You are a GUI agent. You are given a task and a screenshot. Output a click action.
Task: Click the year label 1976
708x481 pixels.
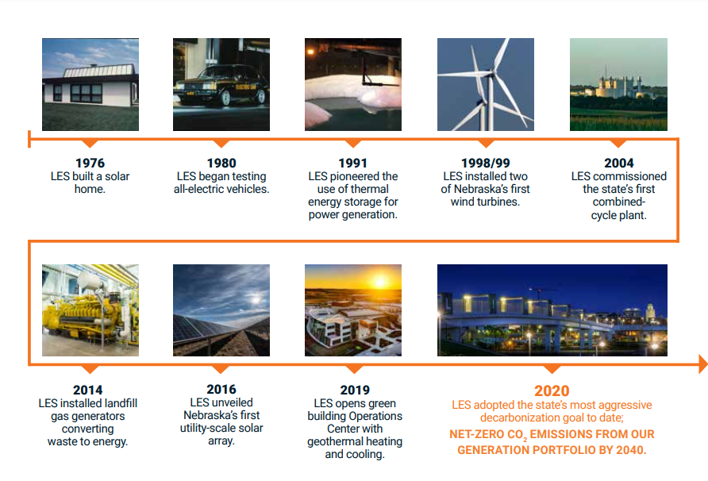click(90, 163)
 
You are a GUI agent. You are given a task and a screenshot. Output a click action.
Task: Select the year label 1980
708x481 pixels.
click(221, 163)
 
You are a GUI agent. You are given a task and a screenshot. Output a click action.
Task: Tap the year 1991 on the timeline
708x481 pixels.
click(352, 163)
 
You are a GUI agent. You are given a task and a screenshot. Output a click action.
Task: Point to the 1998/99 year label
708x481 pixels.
click(486, 163)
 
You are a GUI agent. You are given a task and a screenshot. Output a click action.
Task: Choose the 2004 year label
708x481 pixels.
click(618, 163)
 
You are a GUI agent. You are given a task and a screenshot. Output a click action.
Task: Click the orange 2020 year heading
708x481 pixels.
click(552, 391)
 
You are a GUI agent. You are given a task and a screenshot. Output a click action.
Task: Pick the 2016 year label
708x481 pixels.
click(221, 389)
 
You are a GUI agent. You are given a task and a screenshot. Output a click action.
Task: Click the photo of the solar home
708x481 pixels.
click(90, 84)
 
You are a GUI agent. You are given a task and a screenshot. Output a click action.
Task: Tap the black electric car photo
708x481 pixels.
click(221, 84)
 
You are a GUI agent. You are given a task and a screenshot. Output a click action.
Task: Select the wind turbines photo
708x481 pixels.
click(486, 84)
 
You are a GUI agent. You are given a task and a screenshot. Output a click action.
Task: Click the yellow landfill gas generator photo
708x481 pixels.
click(90, 310)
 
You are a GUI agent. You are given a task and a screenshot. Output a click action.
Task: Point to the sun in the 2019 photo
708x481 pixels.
click(380, 283)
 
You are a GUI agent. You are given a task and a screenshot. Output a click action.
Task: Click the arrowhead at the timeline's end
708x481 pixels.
click(703, 364)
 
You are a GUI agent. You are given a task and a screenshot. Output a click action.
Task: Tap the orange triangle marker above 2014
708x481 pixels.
click(90, 369)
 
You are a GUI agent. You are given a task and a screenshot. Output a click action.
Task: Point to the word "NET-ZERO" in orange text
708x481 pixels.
click(476, 434)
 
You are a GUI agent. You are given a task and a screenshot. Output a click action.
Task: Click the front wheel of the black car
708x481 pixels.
click(225, 98)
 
